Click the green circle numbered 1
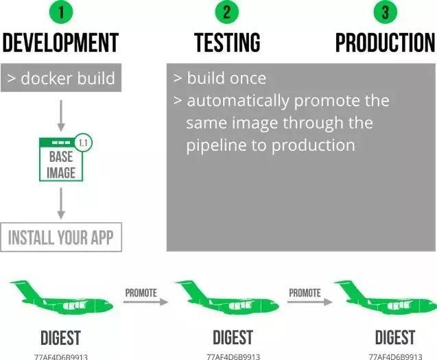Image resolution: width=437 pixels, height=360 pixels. pos(60,12)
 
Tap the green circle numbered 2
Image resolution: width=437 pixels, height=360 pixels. pos(227,12)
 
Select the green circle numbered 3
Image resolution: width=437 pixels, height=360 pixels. pos(385,12)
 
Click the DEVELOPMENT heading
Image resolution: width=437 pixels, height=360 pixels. pos(60,43)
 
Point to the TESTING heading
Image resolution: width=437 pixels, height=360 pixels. pos(227,43)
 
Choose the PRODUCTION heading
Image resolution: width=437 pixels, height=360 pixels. pos(385,43)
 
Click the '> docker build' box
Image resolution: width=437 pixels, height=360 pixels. pos(61,78)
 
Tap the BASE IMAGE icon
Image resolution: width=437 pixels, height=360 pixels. pos(61,159)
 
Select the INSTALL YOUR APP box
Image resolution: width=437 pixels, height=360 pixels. pos(61,238)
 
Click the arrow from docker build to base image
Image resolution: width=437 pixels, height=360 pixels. pos(61,115)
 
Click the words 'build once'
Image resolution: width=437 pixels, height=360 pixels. pos(226,78)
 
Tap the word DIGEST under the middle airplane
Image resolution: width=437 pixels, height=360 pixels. pos(233,337)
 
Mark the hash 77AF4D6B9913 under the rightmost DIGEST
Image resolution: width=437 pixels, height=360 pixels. pos(395,357)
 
